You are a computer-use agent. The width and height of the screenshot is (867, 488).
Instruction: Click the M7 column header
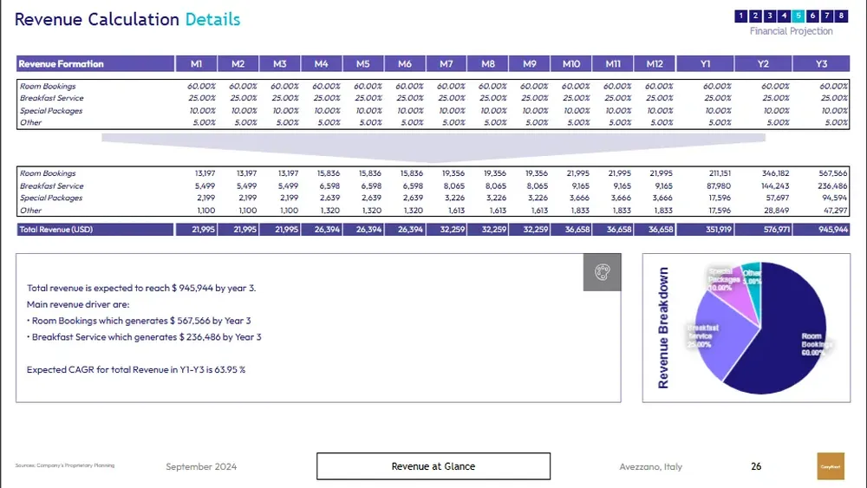tap(447, 64)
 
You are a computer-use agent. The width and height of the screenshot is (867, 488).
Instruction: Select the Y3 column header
tap(821, 64)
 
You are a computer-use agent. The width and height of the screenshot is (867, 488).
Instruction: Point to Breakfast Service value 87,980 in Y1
tap(719, 185)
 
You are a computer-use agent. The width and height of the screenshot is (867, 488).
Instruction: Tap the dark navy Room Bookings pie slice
tap(780, 338)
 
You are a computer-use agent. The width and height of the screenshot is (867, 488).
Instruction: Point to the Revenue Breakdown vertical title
tap(663, 327)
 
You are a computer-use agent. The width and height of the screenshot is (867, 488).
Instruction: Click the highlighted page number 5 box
tap(799, 16)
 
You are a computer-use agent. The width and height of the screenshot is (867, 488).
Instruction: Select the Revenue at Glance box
tap(433, 466)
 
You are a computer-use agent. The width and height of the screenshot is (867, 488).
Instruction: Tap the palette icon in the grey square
tap(602, 272)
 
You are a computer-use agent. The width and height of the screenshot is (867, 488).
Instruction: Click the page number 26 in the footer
tap(756, 466)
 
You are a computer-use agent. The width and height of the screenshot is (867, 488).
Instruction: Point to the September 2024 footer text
tap(201, 466)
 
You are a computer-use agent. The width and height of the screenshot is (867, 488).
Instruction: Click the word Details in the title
tap(212, 19)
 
